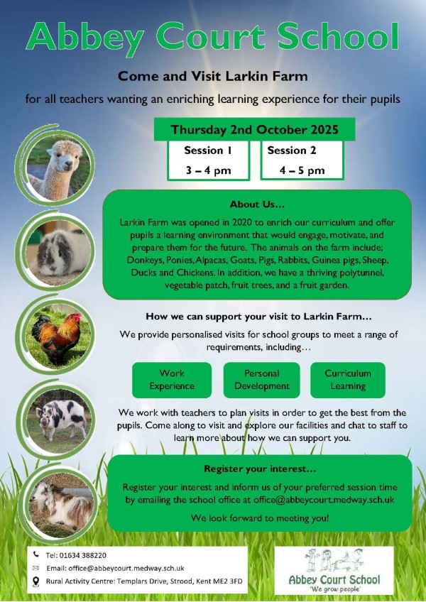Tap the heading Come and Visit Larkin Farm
pos(212,75)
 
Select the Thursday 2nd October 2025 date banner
pos(253,130)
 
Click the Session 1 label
pos(207,150)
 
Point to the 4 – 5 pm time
pos(302,170)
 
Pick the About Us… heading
pos(257,204)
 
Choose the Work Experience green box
pos(172,380)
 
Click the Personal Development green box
pos(261,380)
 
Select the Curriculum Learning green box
pos(348,380)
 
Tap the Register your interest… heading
pos(260,469)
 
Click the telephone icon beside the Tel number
pos(35,554)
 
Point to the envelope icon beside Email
pos(35,568)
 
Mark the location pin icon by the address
pos(35,581)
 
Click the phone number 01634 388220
pos(90,554)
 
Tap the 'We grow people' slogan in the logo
pos(334,590)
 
